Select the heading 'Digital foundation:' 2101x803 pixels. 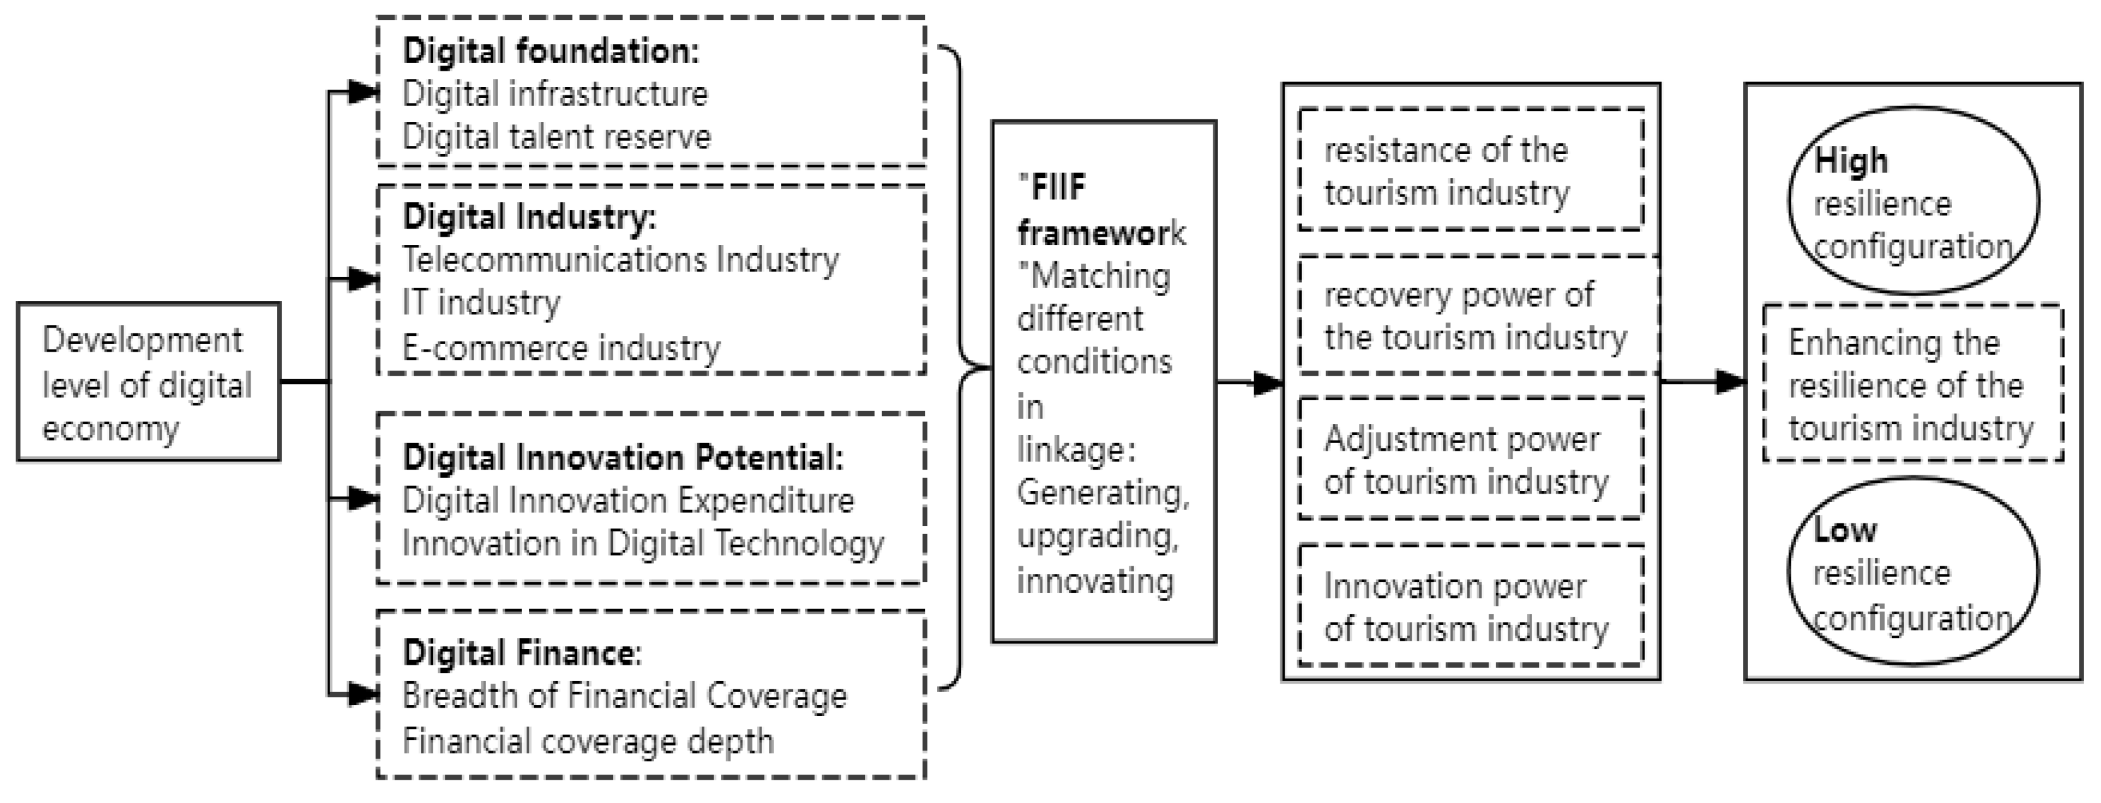[x=551, y=51]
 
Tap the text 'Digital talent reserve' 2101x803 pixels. [x=556, y=137]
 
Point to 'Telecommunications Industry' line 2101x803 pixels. [x=620, y=260]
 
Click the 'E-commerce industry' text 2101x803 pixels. [x=561, y=348]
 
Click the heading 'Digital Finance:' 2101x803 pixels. [x=522, y=653]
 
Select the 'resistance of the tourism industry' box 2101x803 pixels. [x=1470, y=170]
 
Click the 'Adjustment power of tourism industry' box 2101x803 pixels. [x=1470, y=459]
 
